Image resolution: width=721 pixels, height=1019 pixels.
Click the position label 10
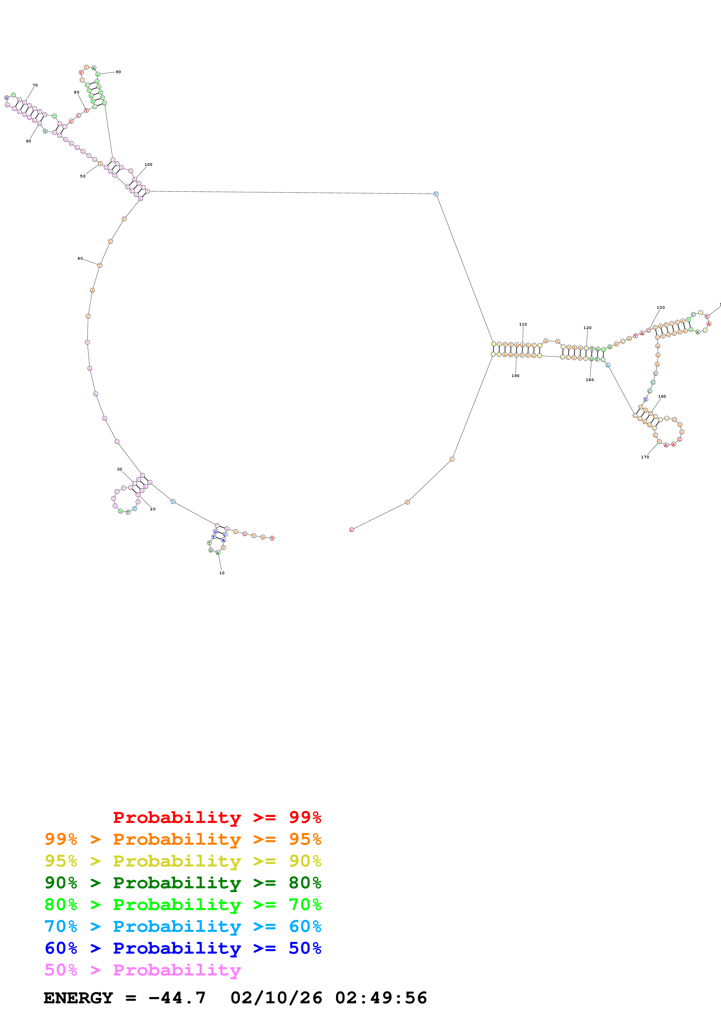pos(222,573)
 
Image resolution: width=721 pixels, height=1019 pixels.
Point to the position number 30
pos(120,469)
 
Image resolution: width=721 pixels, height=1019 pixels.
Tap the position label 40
pos(80,258)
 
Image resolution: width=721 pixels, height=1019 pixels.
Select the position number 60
pos(29,141)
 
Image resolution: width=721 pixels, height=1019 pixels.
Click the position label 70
pos(35,85)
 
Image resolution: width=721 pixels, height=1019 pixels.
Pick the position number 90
pos(118,72)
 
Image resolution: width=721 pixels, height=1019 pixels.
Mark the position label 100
pos(148,165)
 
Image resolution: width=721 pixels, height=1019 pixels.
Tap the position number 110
pos(523,324)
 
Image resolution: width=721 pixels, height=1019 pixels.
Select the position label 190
pos(515,376)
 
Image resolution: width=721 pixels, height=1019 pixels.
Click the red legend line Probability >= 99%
pos(217,817)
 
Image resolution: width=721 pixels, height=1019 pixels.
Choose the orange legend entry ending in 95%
pos(183,839)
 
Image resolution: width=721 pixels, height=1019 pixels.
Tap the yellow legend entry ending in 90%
pos(183,861)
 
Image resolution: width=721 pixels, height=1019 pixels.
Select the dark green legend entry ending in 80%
pos(183,883)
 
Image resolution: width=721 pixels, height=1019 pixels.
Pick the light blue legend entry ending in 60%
pos(183,926)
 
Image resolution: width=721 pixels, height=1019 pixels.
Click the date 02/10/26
pos(276,998)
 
